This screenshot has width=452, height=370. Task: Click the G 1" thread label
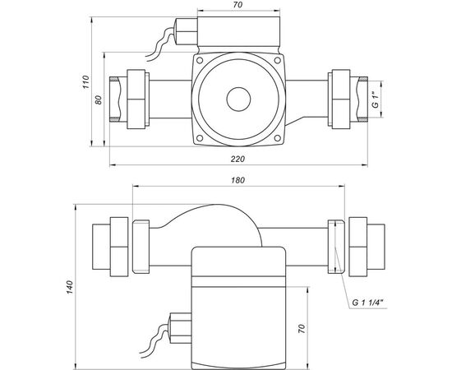[375, 102]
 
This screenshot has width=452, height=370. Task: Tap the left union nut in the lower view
[117, 245]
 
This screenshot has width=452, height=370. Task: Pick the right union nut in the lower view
[362, 245]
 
